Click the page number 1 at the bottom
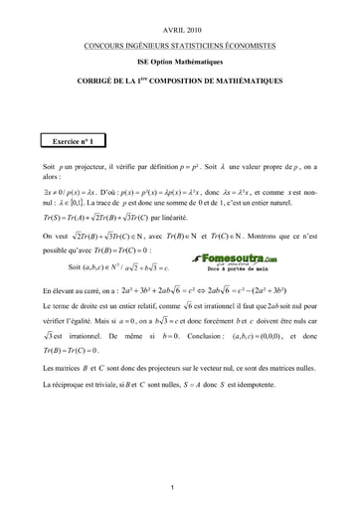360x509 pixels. (x=174, y=484)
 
